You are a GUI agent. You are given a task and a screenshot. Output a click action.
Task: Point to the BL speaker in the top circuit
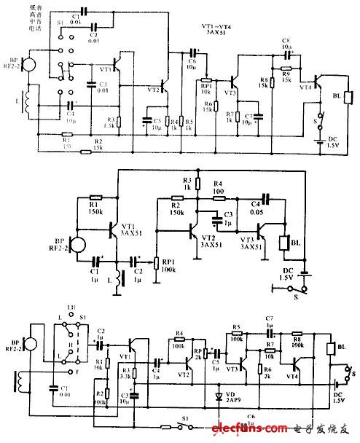[348, 98]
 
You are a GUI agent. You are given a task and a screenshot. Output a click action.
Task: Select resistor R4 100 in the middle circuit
[217, 195]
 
